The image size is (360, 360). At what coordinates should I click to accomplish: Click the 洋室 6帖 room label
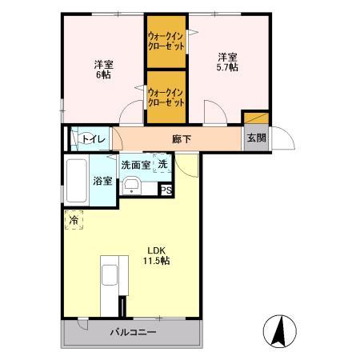[x=102, y=70]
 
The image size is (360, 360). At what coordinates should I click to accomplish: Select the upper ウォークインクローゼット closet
[x=166, y=41]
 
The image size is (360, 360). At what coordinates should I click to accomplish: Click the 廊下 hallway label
[x=182, y=138]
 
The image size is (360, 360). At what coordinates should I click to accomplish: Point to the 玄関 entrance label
[x=255, y=138]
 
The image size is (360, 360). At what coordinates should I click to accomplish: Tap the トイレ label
[x=94, y=139]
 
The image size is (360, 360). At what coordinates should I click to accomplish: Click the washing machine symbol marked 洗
[x=162, y=165]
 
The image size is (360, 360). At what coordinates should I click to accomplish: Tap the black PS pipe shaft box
[x=166, y=190]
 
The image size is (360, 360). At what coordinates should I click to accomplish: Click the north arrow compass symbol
[x=279, y=330]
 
